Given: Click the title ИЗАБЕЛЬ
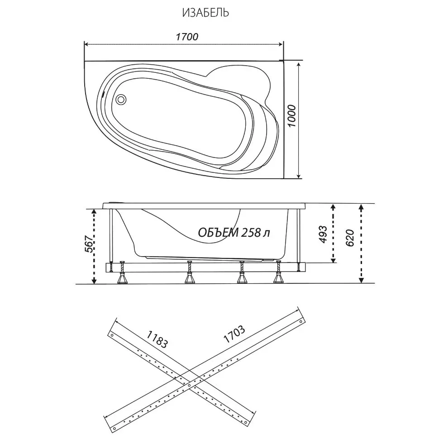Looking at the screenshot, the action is coord(205,13).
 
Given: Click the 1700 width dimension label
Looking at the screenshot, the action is coord(187,37).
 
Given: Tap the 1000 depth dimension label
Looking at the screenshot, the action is coord(292,116).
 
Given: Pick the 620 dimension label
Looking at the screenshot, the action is coord(350,238).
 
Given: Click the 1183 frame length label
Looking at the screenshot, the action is coord(157,339).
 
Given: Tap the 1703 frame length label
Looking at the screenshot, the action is coord(234,334).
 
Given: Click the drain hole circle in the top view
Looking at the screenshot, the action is coord(121,99).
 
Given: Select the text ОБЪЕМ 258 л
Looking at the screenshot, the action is coord(234,232).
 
